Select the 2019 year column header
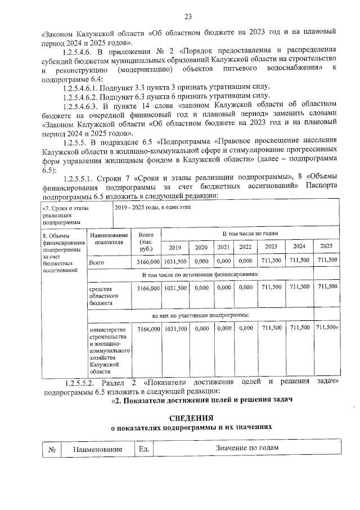point(175,247)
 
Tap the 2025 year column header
point(326,246)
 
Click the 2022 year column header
point(245,247)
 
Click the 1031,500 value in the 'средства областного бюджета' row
point(175,288)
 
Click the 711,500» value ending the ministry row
point(327,328)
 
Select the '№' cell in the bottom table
point(52,449)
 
